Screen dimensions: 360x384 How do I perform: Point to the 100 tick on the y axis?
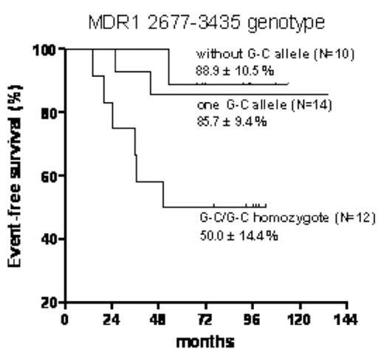(x=45, y=50)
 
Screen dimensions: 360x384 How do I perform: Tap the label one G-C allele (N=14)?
(x=267, y=105)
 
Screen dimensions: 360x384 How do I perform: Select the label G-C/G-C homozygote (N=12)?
(x=278, y=219)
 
